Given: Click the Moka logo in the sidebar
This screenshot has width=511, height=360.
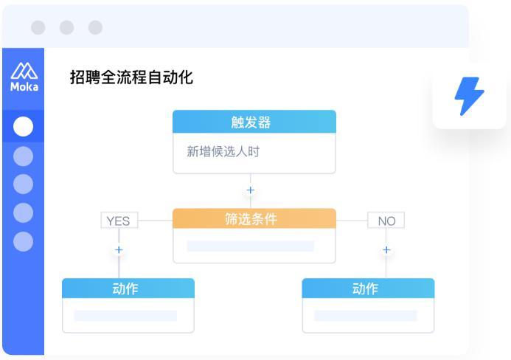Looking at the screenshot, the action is pos(24,77).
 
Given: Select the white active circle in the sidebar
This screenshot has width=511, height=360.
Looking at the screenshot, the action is pos(23,126).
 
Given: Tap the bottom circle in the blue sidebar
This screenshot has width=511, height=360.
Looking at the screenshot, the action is pos(23,242).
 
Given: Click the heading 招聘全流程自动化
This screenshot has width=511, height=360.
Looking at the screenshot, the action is pos(131,77).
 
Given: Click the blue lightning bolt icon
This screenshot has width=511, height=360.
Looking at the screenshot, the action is pos(469,96).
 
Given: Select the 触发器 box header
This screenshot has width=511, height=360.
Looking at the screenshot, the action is pos(254,122).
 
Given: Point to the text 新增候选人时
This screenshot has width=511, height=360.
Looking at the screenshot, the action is pos(223,152).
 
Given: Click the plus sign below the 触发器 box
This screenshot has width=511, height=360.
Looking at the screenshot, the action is pos(250,190).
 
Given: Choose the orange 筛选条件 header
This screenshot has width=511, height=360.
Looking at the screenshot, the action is pos(254,218).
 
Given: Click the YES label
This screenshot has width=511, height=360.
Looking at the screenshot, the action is pos(119,221).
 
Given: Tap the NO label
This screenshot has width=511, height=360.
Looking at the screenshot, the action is pos(386,221).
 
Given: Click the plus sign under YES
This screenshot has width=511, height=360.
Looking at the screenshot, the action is pos(119,250).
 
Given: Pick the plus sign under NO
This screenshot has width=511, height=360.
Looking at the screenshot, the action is pos(386,250).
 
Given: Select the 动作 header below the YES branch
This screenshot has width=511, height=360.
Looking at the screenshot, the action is pos(128,288).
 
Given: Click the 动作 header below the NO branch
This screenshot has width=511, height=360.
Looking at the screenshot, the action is pos(368,288).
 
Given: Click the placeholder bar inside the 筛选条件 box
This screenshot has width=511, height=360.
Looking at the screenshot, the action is pos(250,246).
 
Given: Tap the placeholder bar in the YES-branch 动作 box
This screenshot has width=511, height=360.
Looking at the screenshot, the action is pos(125,316).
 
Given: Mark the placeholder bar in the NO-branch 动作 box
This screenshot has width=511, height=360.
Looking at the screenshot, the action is pos(365,316).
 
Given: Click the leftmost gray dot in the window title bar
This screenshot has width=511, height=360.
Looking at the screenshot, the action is pos(38,27).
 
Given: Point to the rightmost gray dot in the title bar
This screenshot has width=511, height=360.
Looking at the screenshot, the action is pos(95,27).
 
